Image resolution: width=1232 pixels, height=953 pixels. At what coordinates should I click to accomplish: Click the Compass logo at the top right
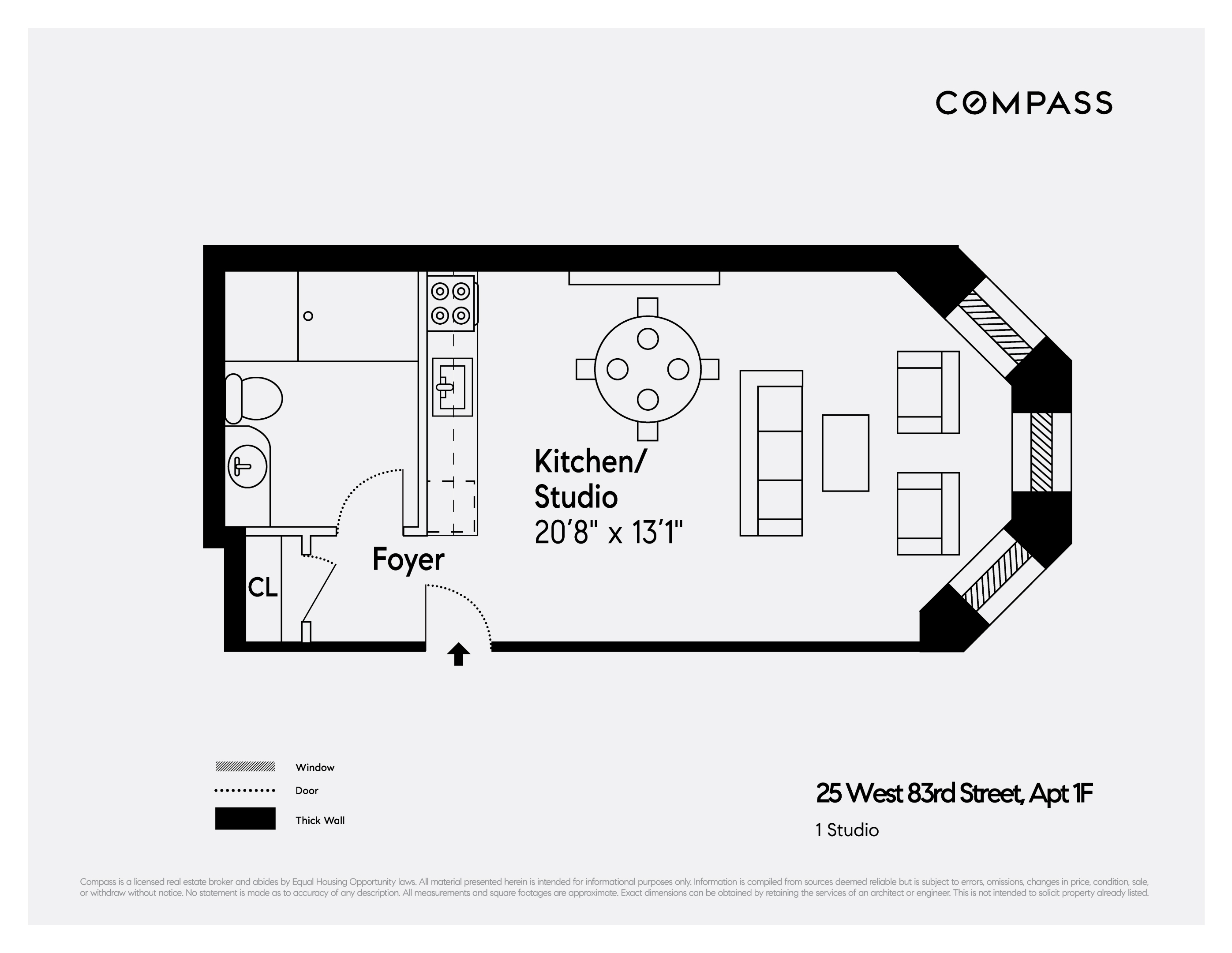tap(1023, 103)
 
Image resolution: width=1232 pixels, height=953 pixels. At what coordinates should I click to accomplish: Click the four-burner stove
tap(451, 303)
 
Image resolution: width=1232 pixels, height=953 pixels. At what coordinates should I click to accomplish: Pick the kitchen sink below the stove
tap(452, 387)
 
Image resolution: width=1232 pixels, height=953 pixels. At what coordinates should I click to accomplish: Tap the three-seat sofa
tap(771, 453)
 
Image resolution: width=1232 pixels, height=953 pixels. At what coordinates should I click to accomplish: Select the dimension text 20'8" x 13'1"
tap(608, 532)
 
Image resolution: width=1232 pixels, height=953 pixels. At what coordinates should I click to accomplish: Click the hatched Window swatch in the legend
tap(245, 767)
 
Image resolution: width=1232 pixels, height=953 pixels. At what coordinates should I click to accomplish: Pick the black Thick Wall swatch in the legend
tap(245, 818)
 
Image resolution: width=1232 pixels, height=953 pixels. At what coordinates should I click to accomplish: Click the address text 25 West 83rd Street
tap(953, 793)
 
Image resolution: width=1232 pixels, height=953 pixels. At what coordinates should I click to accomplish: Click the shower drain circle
tap(308, 316)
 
